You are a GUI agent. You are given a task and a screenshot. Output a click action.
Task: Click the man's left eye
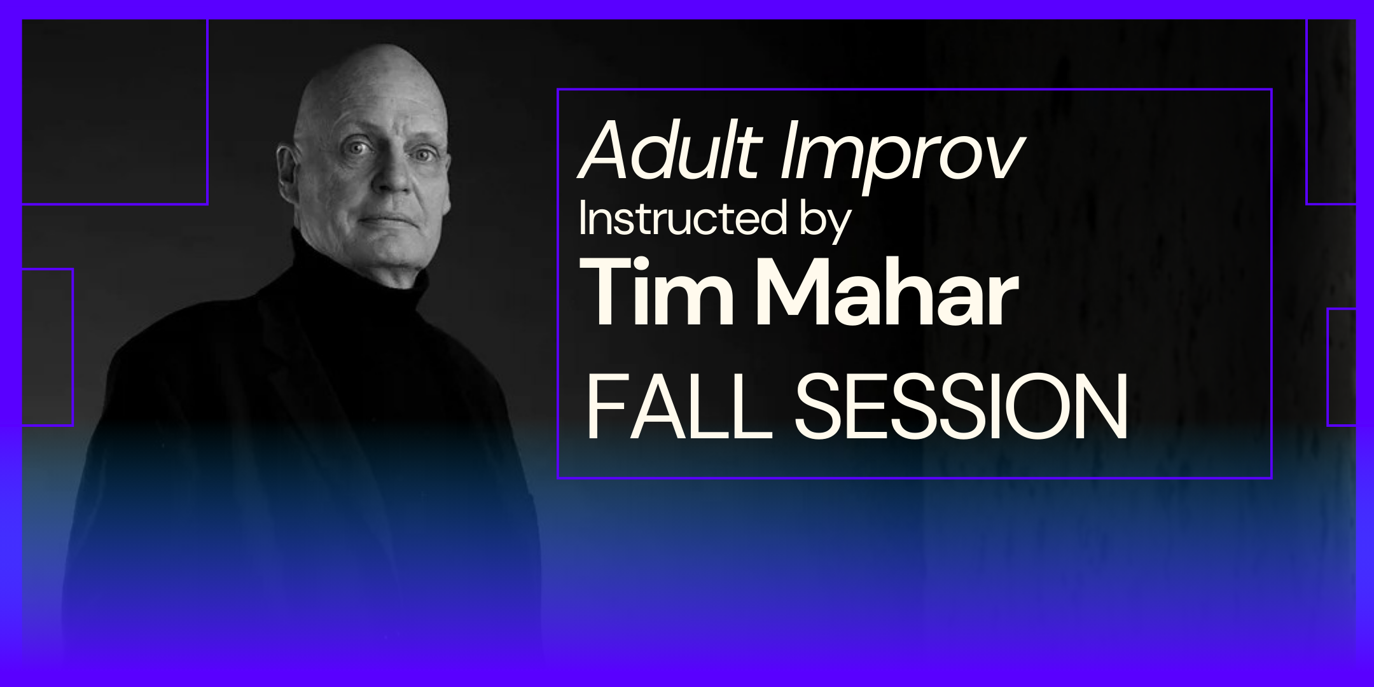420,155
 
